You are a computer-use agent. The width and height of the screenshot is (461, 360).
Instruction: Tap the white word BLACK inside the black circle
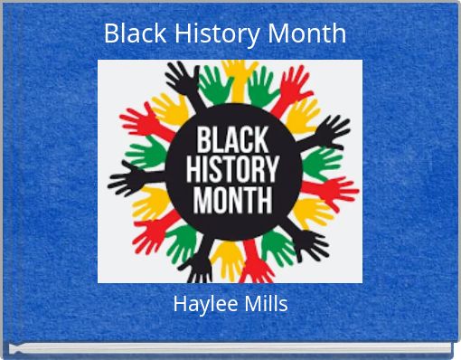231,141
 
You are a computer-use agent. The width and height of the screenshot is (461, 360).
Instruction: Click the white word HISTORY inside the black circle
231,170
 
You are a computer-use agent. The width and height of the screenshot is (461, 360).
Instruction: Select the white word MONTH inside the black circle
231,199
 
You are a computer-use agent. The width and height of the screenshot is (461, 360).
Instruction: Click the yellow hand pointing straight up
238,72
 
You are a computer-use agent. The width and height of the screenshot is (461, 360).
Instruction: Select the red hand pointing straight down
257,265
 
